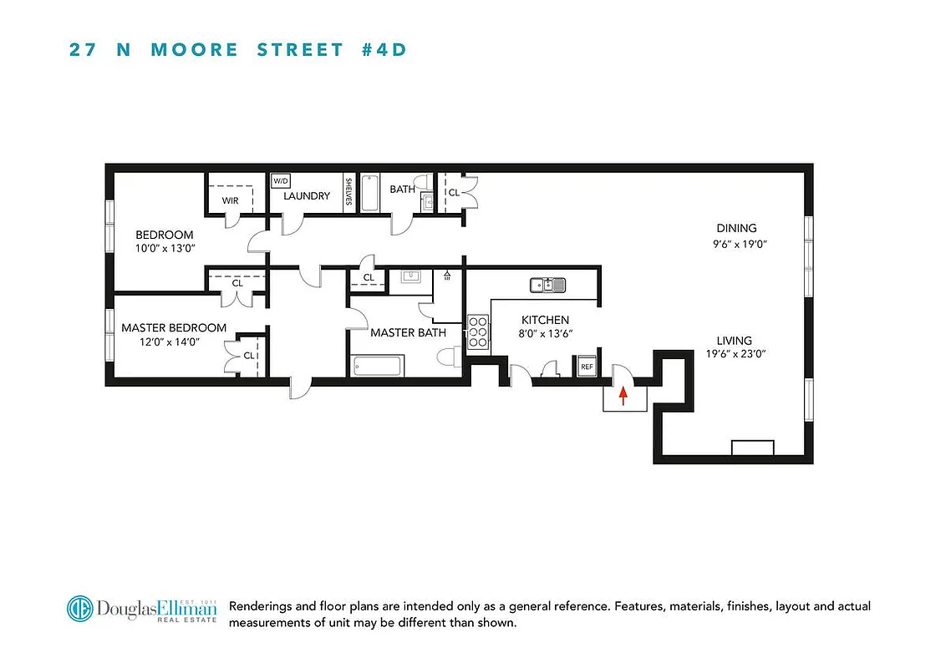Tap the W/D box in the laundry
pyautogui.click(x=280, y=181)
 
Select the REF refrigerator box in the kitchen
pyautogui.click(x=587, y=367)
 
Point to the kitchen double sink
pyautogui.click(x=547, y=286)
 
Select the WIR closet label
pyautogui.click(x=230, y=201)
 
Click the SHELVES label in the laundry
pyautogui.click(x=348, y=195)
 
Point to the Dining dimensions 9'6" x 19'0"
pyautogui.click(x=736, y=245)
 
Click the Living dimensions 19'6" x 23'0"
pyautogui.click(x=736, y=354)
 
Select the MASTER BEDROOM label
pyautogui.click(x=174, y=328)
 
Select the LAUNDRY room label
pyautogui.click(x=307, y=196)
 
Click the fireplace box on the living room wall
pyautogui.click(x=752, y=448)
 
